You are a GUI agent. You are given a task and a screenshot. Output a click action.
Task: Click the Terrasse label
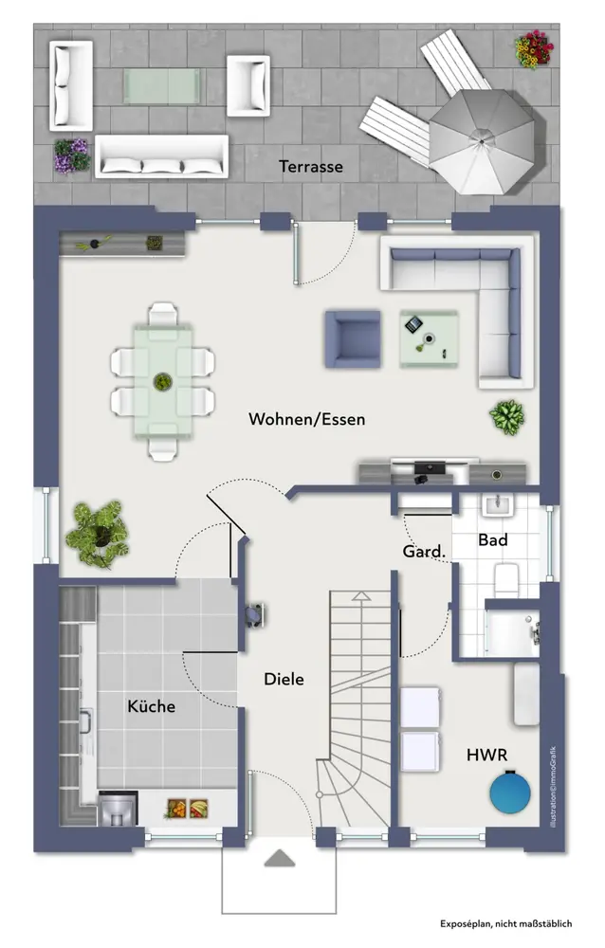pyautogui.click(x=311, y=166)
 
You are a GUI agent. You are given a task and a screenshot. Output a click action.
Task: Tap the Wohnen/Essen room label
pyautogui.click(x=306, y=419)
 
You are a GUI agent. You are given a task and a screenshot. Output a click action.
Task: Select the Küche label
pyautogui.click(x=152, y=705)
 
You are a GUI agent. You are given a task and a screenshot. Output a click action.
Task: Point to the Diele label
pyautogui.click(x=284, y=679)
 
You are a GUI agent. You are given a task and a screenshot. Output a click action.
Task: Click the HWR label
pyautogui.click(x=487, y=755)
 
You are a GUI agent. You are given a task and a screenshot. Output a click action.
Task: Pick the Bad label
pyautogui.click(x=492, y=540)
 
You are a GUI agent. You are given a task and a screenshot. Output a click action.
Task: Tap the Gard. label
pyautogui.click(x=424, y=552)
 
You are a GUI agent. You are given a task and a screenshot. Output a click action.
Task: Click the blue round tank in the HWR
pyautogui.click(x=510, y=792)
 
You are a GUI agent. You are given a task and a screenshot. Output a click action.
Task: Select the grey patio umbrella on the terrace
pyautogui.click(x=482, y=141)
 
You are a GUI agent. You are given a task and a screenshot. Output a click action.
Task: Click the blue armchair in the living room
pyautogui.click(x=353, y=339)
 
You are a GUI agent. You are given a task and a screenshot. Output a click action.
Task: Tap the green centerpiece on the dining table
pyautogui.click(x=162, y=381)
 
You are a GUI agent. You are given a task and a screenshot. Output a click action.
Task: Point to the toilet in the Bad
pyautogui.click(x=506, y=579)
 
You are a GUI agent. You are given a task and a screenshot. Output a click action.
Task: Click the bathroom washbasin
pyautogui.click(x=497, y=504)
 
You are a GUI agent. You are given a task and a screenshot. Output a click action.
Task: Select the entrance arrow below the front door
pyautogui.click(x=280, y=859)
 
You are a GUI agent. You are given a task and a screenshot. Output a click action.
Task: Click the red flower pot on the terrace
pyautogui.click(x=534, y=49)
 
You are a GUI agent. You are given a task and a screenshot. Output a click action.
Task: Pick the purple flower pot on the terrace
pyautogui.click(x=71, y=156)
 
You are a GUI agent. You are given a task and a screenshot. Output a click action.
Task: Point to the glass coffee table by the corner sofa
pyautogui.click(x=429, y=339)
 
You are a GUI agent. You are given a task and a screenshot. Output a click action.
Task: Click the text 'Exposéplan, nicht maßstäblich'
pyautogui.click(x=505, y=923)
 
